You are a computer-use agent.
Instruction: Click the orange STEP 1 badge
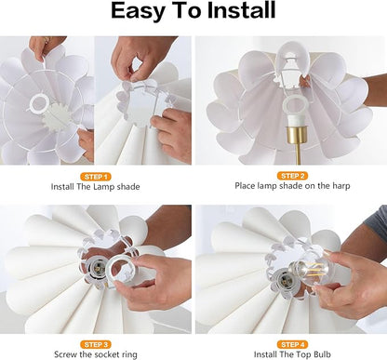[x=96, y=177]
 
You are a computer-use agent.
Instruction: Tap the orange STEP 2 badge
[x=292, y=176]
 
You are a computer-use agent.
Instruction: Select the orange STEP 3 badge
[x=96, y=344]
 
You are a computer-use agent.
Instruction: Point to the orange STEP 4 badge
[x=292, y=344]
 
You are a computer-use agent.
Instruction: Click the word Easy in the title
[x=138, y=11]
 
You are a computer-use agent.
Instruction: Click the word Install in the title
[x=242, y=10]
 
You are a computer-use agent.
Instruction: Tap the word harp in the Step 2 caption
[x=341, y=186]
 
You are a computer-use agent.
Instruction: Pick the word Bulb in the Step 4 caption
[x=322, y=354]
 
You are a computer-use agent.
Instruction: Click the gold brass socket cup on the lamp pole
[x=296, y=135]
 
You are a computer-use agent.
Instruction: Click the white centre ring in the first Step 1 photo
[x=38, y=103]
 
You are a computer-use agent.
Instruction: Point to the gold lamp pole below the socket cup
[x=298, y=154]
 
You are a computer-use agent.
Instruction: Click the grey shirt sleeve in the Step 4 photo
[x=378, y=220]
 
